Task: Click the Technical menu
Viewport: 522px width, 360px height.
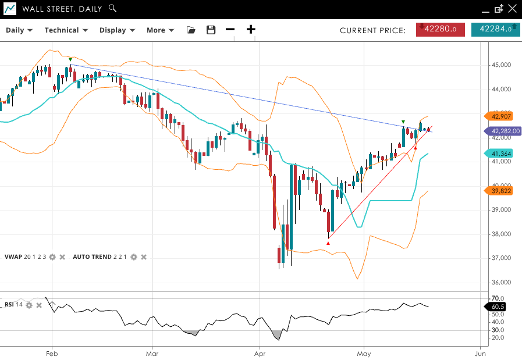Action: (x=66, y=30)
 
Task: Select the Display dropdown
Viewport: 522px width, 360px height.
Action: (x=117, y=30)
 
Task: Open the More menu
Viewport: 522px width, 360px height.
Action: (x=160, y=30)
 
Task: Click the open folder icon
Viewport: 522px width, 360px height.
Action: (x=191, y=30)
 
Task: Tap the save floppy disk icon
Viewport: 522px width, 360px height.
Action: (x=211, y=30)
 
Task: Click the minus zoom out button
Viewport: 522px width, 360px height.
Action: (x=230, y=30)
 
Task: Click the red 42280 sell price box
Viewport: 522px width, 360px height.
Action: (x=440, y=29)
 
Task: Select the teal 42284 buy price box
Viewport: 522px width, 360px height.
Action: (x=495, y=29)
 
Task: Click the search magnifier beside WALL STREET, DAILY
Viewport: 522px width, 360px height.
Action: (x=113, y=9)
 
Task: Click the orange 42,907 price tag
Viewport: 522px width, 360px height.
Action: (x=501, y=116)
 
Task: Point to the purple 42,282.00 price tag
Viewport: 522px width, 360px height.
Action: (x=503, y=131)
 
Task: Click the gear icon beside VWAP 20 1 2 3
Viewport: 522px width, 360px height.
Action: (x=52, y=256)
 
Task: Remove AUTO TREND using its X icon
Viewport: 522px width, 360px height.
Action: (x=144, y=256)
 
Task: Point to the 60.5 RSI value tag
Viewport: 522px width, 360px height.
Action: (x=498, y=306)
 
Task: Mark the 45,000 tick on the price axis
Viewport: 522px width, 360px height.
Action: (x=501, y=65)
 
